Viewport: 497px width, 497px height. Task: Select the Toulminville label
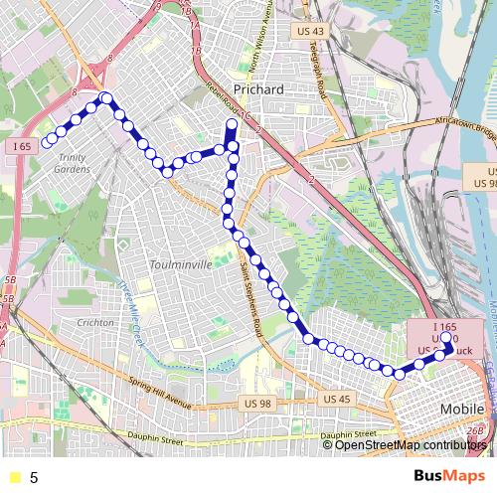[x=179, y=264]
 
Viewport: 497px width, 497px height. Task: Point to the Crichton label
[x=95, y=323]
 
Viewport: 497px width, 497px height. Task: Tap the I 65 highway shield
[x=24, y=146]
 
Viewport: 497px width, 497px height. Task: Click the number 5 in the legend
[x=34, y=477]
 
